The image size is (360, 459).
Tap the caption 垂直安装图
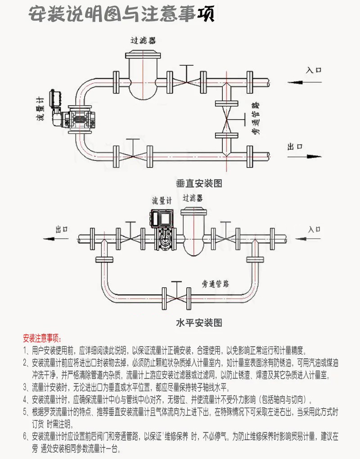click(199, 183)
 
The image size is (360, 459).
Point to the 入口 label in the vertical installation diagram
click(314, 70)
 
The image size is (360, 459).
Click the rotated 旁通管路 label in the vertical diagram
click(255, 119)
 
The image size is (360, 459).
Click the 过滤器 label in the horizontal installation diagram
click(193, 198)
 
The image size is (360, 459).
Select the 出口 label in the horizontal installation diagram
click(62, 229)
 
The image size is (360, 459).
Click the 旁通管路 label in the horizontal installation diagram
click(215, 284)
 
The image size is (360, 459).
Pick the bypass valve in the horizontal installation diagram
click(177, 297)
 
